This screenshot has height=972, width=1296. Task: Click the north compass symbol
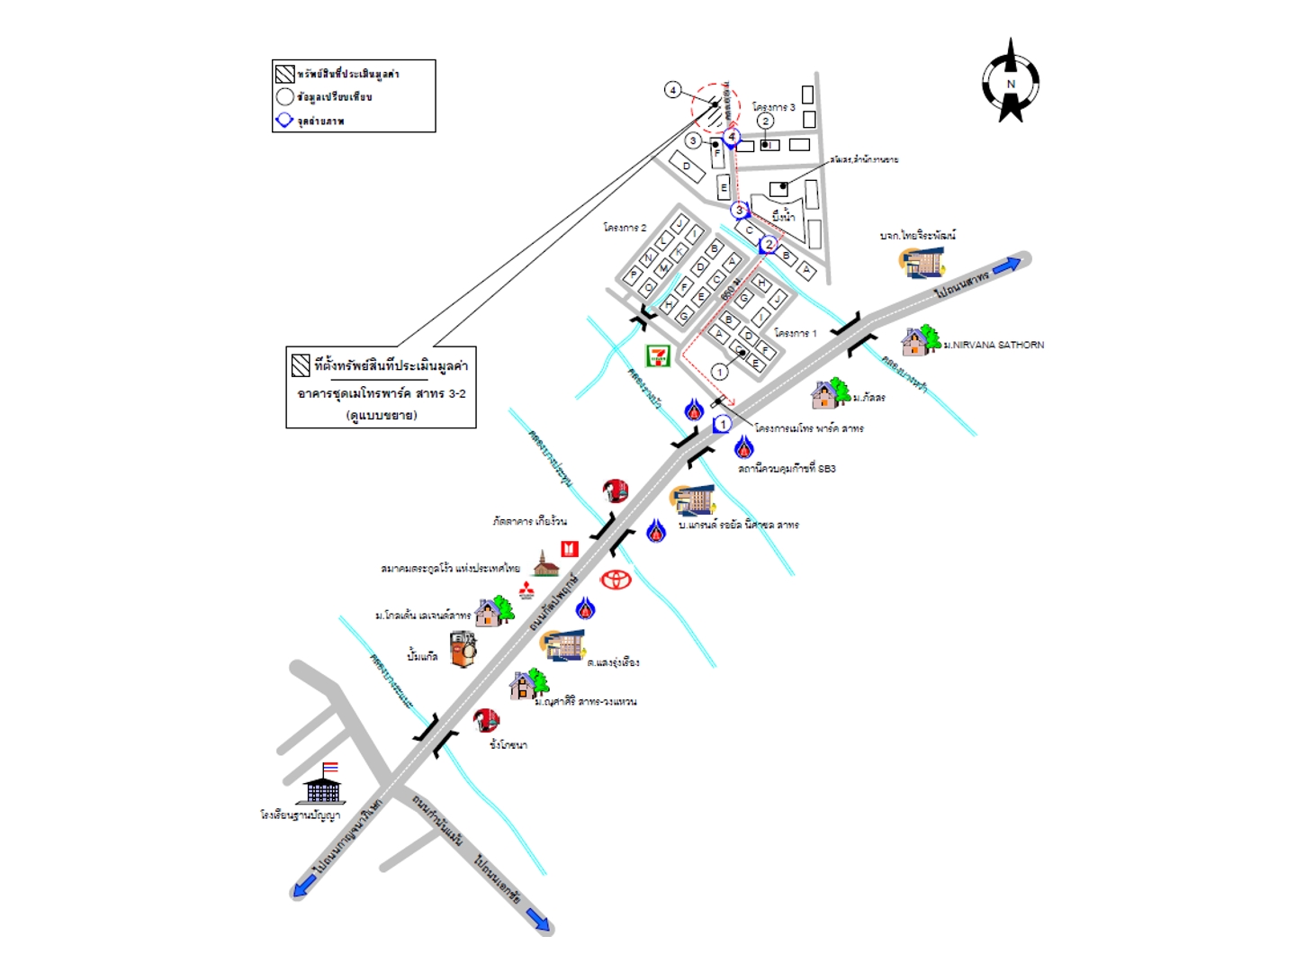[1011, 83]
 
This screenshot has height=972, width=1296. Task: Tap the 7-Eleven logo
[659, 355]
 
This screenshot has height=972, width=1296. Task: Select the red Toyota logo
[616, 580]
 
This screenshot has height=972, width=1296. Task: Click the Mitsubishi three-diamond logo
[526, 589]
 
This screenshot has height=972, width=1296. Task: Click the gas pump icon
[463, 649]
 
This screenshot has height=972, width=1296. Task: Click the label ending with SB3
[787, 469]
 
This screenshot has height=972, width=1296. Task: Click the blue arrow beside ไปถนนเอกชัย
[537, 919]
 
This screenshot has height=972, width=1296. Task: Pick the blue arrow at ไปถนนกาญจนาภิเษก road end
[302, 886]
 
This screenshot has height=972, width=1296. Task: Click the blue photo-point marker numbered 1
[722, 425]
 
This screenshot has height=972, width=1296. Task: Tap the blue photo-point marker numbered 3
[740, 211]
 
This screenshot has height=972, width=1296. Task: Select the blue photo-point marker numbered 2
[769, 245]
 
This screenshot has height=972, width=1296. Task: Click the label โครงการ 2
[625, 228]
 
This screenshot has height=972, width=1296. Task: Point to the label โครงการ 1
[796, 333]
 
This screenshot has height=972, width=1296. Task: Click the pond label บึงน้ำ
[783, 216]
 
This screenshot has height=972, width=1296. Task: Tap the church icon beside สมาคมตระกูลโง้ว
[545, 565]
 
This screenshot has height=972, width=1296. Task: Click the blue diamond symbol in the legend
[284, 120]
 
